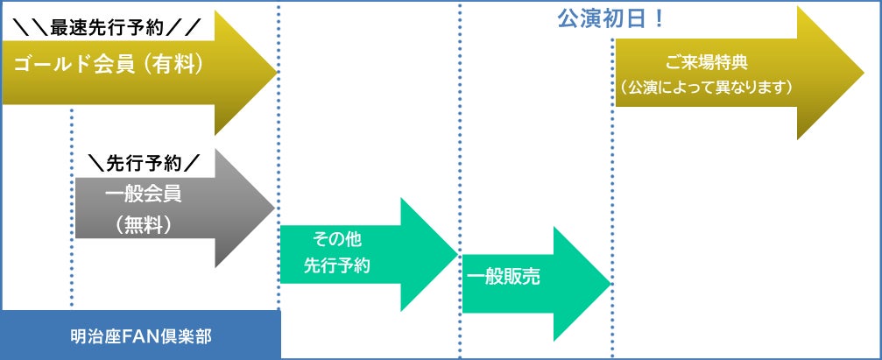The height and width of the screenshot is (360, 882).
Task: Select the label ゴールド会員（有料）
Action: pyautogui.click(x=109, y=64)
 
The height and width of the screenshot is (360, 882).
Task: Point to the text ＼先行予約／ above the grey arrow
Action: pyautogui.click(x=145, y=163)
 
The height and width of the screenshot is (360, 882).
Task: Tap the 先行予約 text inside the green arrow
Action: pyautogui.click(x=337, y=265)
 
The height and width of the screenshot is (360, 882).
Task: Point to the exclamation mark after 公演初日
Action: pyautogui.click(x=657, y=18)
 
